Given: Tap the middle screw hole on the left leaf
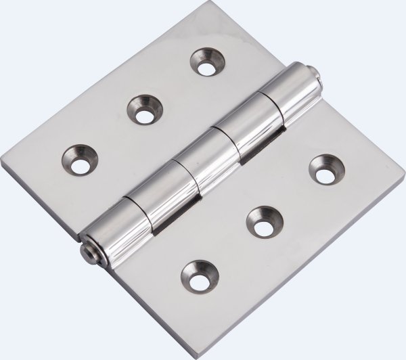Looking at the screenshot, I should (143, 110).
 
